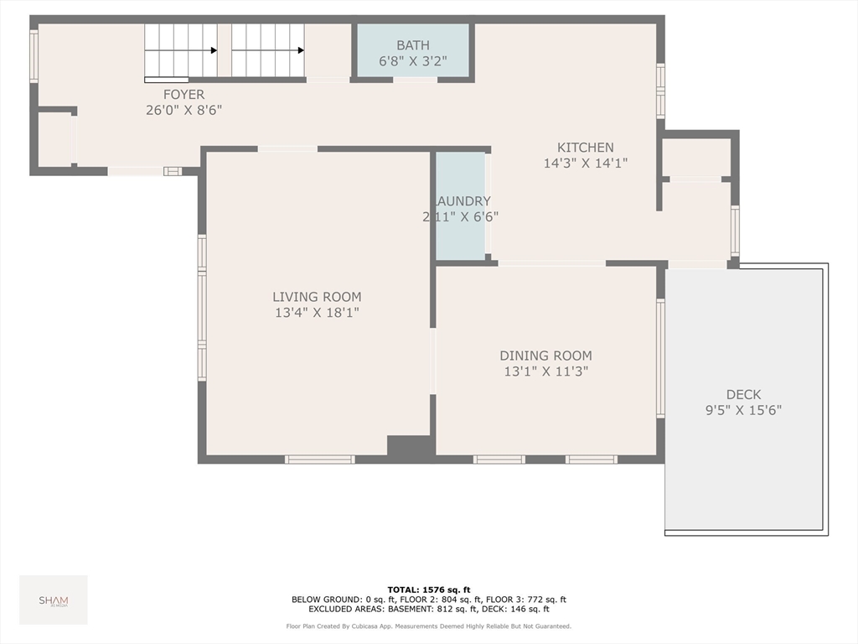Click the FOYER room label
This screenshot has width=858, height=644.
click(x=183, y=95)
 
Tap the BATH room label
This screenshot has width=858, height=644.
click(x=412, y=44)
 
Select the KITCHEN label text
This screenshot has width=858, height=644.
click(x=586, y=148)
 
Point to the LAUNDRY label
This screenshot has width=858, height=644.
click(x=463, y=201)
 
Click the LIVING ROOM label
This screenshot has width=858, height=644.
click(x=317, y=297)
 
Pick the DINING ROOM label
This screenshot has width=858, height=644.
click(x=545, y=356)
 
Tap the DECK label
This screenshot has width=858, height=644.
click(x=743, y=394)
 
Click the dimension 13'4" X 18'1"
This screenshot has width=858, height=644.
click(x=317, y=313)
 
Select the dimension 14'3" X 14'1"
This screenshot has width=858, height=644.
click(x=586, y=164)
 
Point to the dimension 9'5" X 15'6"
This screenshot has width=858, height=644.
click(x=743, y=410)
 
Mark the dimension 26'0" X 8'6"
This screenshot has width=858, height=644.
click(x=183, y=110)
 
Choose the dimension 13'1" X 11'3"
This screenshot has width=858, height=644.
click(x=545, y=371)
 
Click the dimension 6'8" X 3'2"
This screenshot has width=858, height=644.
click(x=412, y=60)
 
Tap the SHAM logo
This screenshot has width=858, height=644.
click(x=54, y=600)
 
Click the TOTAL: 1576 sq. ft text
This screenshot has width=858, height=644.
click(x=428, y=589)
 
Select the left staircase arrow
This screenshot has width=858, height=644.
click(x=214, y=50)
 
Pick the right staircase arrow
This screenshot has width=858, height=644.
click(x=300, y=50)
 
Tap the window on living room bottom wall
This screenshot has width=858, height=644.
click(x=319, y=460)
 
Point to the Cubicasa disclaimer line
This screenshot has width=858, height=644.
click(x=428, y=626)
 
